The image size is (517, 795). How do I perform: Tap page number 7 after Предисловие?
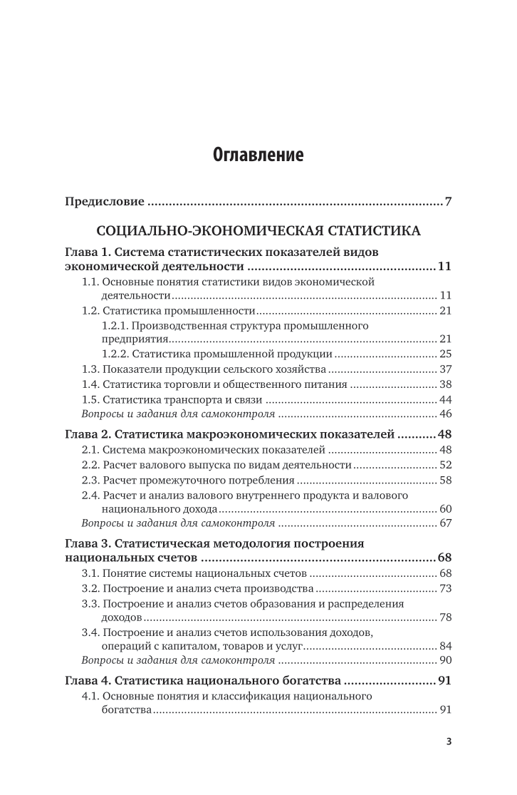(x=448, y=202)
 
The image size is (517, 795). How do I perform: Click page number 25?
(x=446, y=353)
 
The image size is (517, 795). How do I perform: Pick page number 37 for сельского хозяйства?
(x=446, y=369)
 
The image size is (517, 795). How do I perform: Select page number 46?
(x=446, y=414)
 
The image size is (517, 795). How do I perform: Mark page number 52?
(x=446, y=465)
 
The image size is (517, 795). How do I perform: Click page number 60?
(x=446, y=509)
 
